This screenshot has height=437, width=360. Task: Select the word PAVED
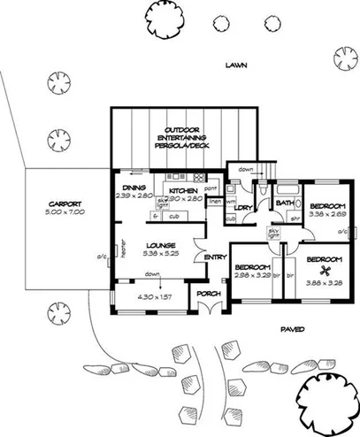pos(293,328)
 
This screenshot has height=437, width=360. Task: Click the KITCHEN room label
pos(182,190)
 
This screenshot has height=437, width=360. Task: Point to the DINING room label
pos(134,188)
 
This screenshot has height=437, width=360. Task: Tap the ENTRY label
pos(215,257)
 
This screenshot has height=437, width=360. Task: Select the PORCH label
pos(208,294)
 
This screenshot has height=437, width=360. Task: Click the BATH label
pos(284,203)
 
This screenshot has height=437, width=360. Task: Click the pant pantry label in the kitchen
pos(211,189)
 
